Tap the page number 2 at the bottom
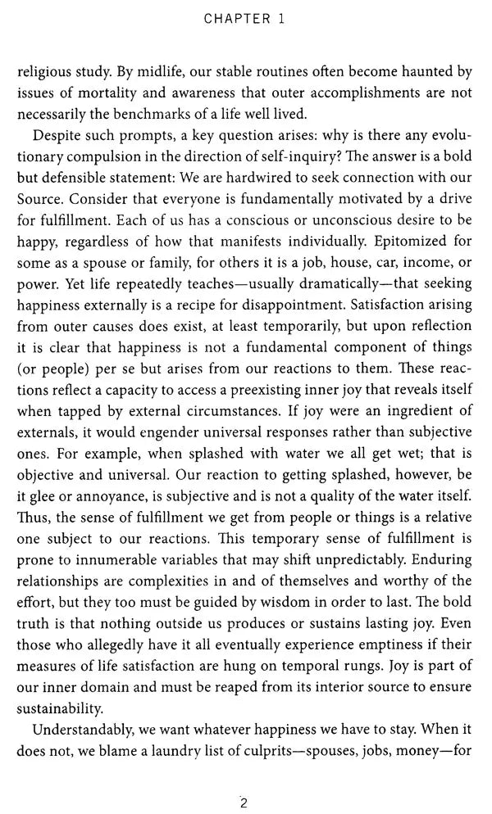[244, 780]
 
